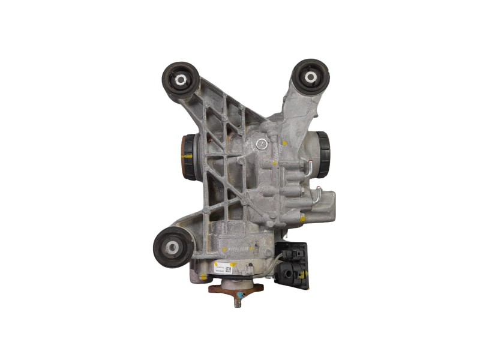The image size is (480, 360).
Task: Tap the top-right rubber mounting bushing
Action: pos(310,77)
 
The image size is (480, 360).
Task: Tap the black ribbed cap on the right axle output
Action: pos(323,154)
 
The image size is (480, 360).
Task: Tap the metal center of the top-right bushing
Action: pos(311,77)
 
